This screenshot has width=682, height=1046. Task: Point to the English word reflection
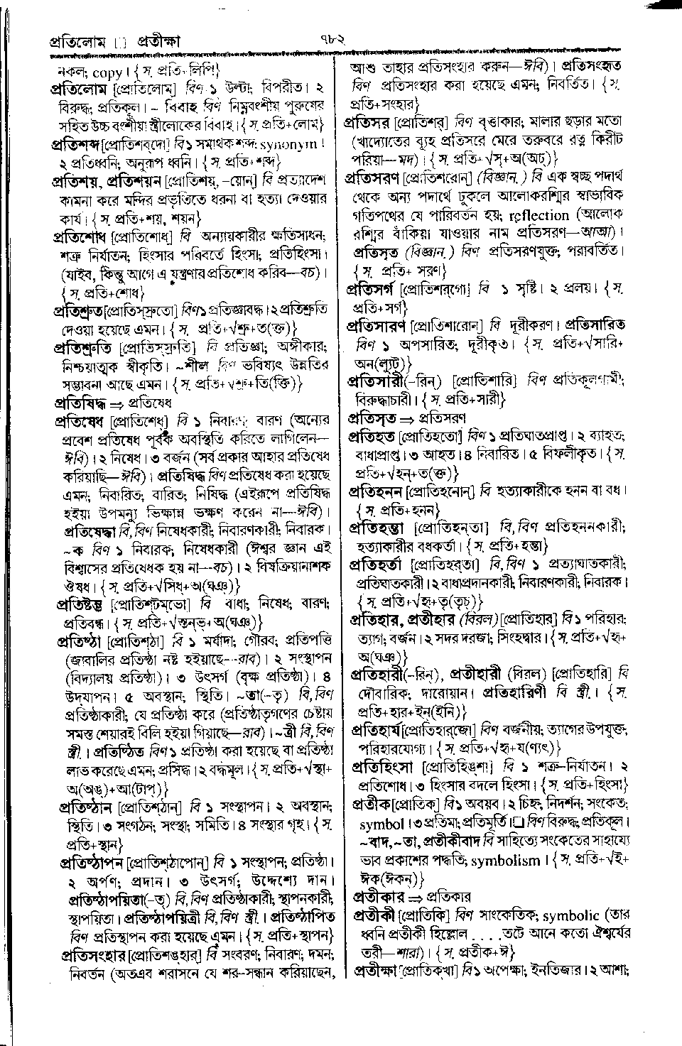click(x=537, y=215)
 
